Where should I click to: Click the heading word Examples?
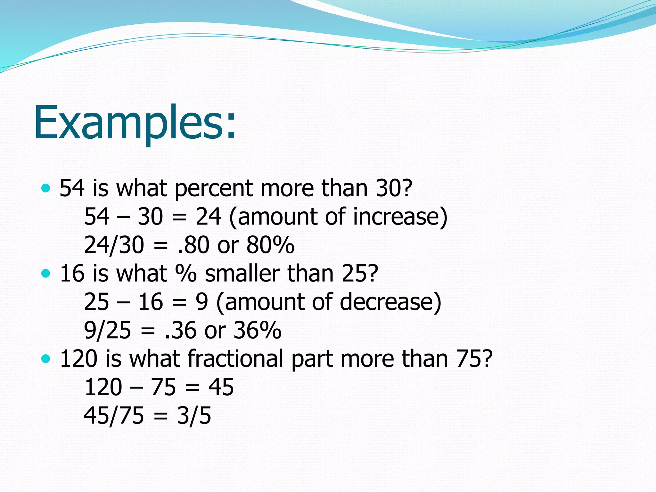(x=135, y=123)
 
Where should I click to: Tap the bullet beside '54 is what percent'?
(x=46, y=188)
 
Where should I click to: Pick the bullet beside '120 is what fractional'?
(x=46, y=358)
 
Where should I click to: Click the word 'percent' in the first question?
(x=214, y=189)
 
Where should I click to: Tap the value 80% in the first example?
(x=270, y=245)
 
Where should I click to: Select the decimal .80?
(x=193, y=245)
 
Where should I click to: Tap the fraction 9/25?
(x=108, y=330)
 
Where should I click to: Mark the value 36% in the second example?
(x=257, y=330)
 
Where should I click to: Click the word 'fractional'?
(x=235, y=358)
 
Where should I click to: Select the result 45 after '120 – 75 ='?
(x=221, y=387)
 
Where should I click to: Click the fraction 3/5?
(x=194, y=415)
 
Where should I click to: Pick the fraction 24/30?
(x=114, y=245)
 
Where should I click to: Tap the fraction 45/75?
(x=114, y=415)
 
